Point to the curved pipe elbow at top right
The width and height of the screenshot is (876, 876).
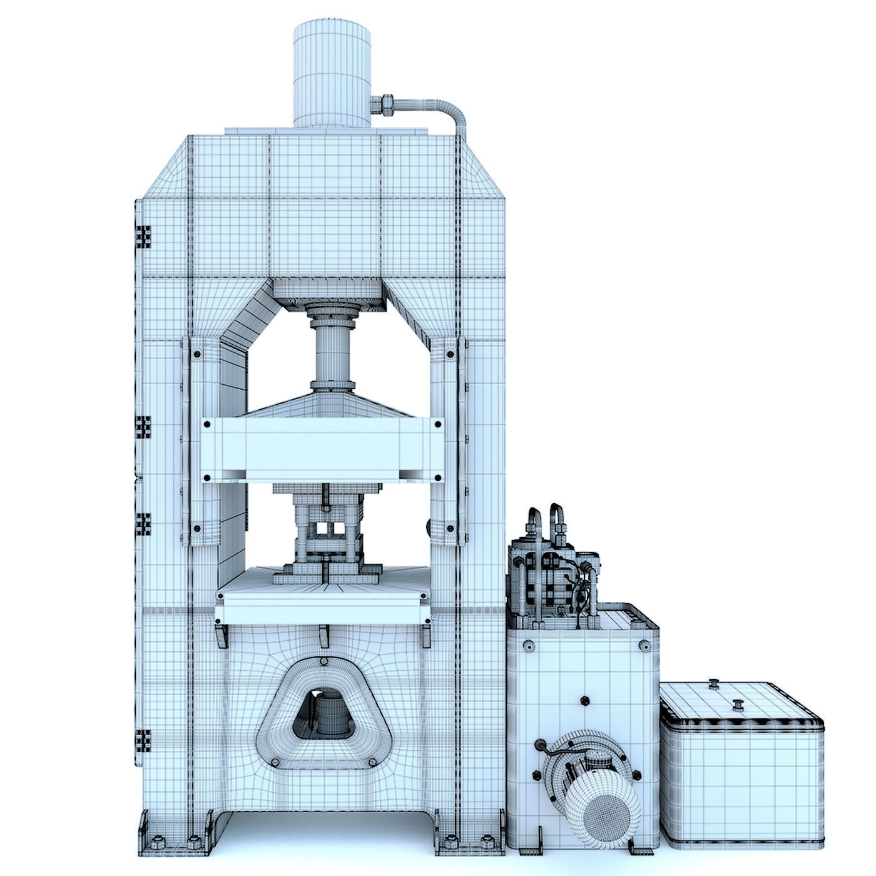coord(456,113)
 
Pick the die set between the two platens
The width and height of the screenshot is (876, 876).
coord(328,532)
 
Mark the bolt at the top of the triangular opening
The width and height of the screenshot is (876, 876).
coord(323,662)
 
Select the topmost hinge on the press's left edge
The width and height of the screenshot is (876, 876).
coord(144,238)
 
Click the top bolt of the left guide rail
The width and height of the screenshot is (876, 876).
coord(198,354)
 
